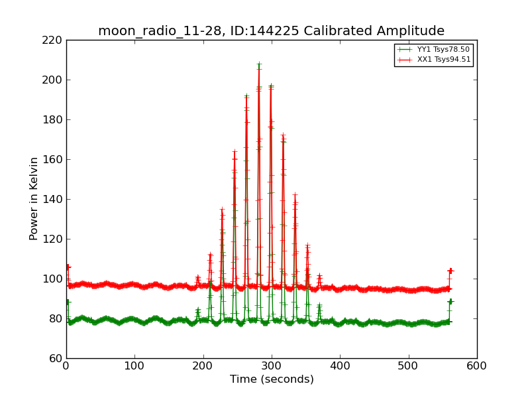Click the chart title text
pos(271,31)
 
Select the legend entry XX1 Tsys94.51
pos(443,60)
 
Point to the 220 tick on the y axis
pos(55,40)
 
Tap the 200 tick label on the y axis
pos(55,80)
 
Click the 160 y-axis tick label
pos(55,159)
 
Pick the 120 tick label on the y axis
pos(55,239)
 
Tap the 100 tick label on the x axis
pos(134,365)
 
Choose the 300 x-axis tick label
pos(272,365)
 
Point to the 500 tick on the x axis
pos(408,365)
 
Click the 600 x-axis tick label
pos(476,365)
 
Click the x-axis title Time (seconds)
pos(272,379)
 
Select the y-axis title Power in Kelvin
pos(34,198)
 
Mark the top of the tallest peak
pos(259,64)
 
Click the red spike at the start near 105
pos(68,267)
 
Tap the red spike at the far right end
pos(450,271)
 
